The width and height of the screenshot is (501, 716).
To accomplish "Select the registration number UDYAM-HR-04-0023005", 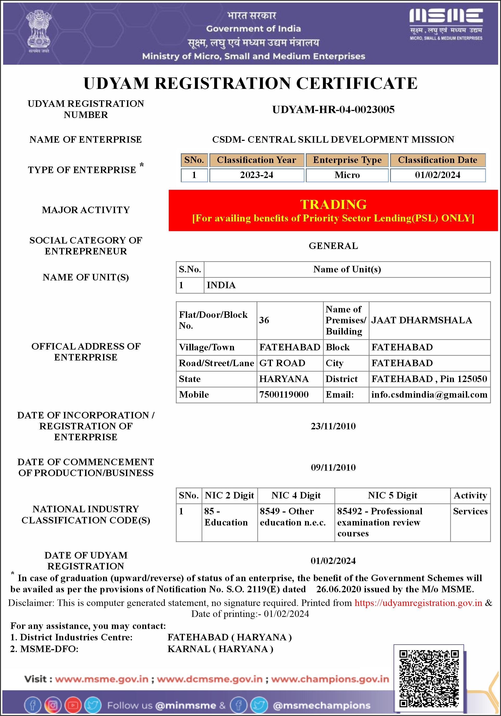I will (333, 110).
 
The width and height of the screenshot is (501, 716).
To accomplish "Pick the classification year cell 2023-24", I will (256, 175).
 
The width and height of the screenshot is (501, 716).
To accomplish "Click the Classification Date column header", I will (437, 160).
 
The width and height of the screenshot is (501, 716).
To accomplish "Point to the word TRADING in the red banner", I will (333, 205).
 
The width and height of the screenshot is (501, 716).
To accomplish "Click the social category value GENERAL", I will (333, 246).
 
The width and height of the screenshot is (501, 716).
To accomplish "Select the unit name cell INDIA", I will (221, 285).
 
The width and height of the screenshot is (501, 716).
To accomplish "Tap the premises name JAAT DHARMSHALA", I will (421, 320).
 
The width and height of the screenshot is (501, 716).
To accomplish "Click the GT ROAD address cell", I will (282, 363).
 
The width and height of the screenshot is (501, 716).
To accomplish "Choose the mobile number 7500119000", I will (284, 395).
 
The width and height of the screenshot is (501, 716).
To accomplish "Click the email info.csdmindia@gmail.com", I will (429, 395).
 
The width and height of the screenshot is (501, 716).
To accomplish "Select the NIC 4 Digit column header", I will (296, 496).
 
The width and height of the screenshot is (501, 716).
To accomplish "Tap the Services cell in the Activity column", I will (470, 511).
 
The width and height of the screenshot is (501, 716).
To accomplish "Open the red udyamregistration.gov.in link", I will (418, 603).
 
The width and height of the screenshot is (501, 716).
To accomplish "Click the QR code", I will (429, 678).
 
